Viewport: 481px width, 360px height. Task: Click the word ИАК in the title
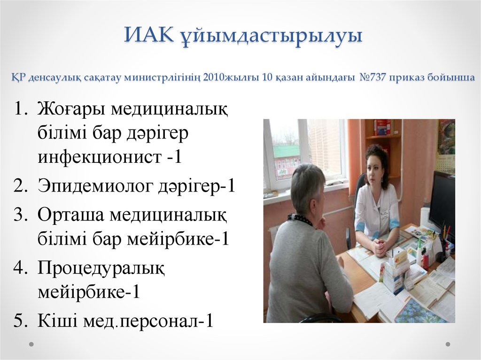(147, 36)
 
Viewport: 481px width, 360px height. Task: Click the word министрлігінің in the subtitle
(163, 77)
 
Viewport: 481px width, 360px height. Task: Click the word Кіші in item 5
(56, 322)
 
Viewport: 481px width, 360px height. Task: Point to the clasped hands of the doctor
(378, 246)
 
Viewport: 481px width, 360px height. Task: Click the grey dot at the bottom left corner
(31, 344)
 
